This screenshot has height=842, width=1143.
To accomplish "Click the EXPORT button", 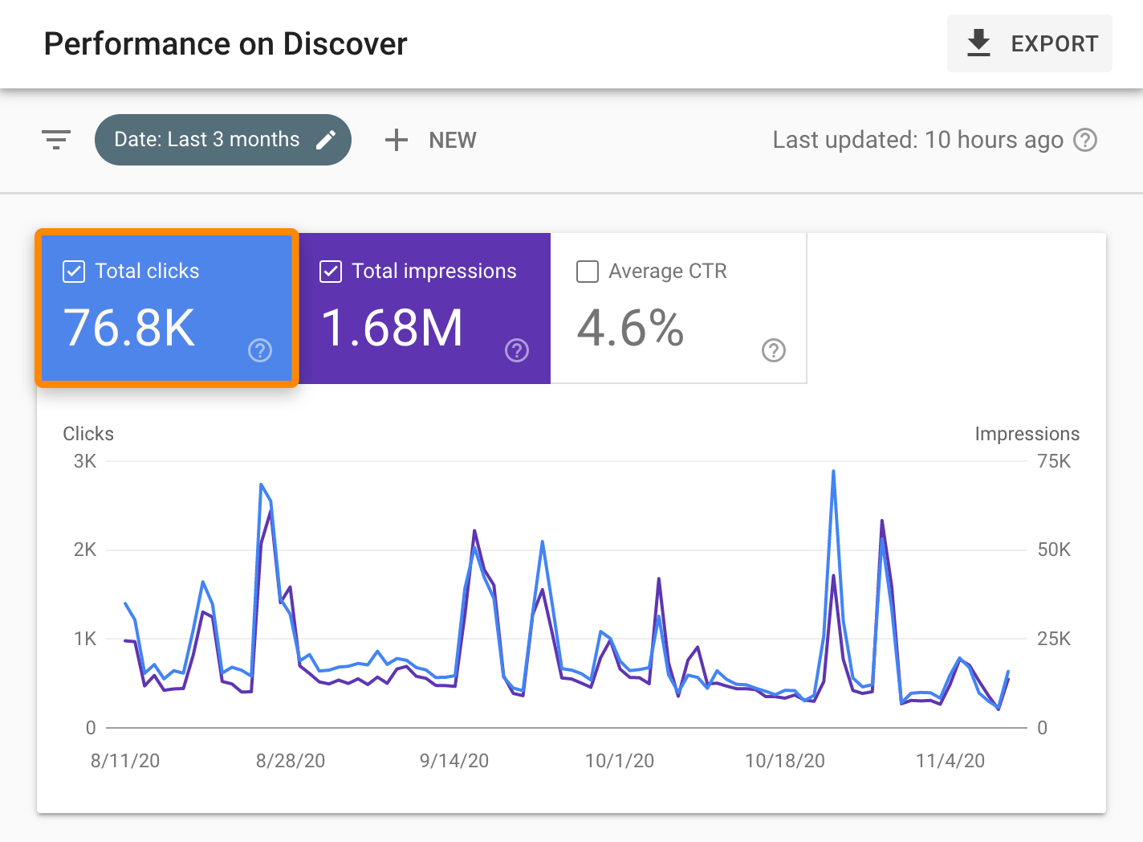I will click(1029, 43).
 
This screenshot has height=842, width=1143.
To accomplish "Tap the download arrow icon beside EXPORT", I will click(978, 43).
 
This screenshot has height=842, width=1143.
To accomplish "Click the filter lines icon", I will click(56, 140).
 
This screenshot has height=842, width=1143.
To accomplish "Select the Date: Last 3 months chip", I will click(207, 140).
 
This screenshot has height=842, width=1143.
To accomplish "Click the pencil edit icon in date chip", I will click(326, 140).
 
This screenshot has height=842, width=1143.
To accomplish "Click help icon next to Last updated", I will click(1085, 140).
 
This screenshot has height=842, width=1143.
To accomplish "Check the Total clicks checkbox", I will click(74, 272).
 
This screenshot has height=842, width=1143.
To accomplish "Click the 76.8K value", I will click(129, 328).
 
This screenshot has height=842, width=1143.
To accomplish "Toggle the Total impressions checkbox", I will click(331, 272).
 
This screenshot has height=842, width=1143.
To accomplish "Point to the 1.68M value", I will click(392, 328).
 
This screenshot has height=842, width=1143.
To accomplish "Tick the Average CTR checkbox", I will click(588, 272).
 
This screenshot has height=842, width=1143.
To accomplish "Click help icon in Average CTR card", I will click(773, 350).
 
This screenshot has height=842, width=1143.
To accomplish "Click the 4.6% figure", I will click(630, 328).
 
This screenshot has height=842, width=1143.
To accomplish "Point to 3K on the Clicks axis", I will click(85, 461).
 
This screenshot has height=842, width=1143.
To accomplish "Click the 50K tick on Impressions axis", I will click(1053, 550).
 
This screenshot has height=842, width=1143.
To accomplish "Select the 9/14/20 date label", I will click(454, 761).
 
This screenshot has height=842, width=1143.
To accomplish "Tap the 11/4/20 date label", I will click(950, 761).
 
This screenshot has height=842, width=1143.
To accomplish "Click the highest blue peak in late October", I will click(833, 472).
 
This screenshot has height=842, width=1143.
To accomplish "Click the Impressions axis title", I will click(1027, 434).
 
